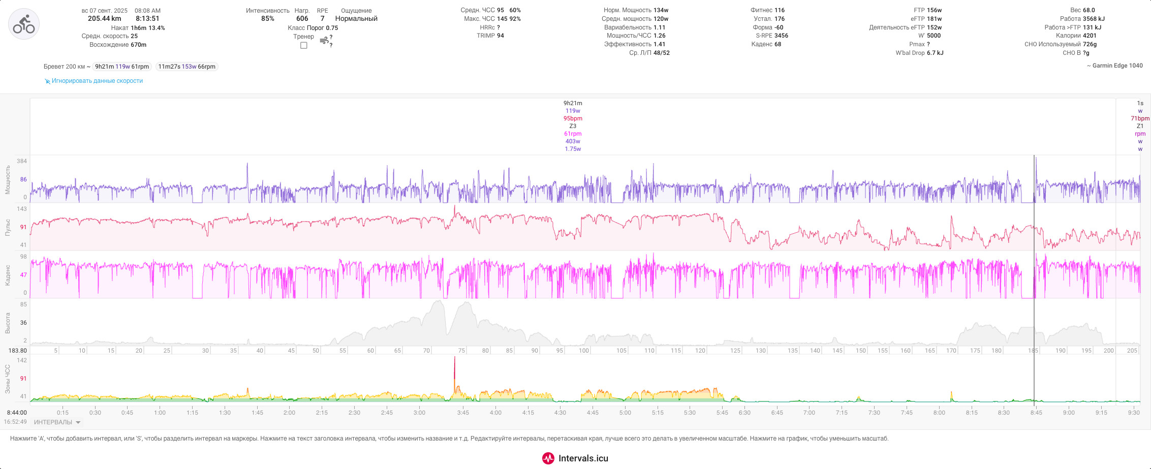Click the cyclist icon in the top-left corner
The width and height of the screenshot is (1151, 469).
click(24, 24)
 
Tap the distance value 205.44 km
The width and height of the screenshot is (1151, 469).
click(104, 19)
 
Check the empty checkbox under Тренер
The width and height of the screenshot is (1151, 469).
click(304, 45)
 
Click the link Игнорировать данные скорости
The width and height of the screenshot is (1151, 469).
click(97, 81)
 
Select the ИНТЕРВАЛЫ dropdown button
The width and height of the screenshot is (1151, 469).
click(57, 422)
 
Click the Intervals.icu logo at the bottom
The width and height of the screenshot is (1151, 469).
click(575, 458)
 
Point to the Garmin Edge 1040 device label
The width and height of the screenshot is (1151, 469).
click(1113, 66)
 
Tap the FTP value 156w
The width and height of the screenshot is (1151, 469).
click(934, 10)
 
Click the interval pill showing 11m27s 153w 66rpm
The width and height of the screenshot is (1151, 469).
click(187, 67)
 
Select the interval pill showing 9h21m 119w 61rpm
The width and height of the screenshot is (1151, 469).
click(122, 67)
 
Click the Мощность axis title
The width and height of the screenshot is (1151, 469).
click(8, 179)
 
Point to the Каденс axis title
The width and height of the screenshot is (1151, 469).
click(8, 275)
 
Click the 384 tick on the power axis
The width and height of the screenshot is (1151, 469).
click(22, 161)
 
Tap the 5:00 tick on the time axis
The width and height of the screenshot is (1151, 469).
click(625, 413)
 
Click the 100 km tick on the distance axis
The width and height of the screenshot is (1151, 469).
click(584, 351)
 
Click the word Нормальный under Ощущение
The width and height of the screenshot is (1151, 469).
click(356, 19)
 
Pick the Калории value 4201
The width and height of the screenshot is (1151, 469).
click(1090, 36)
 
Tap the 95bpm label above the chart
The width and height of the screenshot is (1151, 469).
click(573, 118)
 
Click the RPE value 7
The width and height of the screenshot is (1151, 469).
click(322, 19)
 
